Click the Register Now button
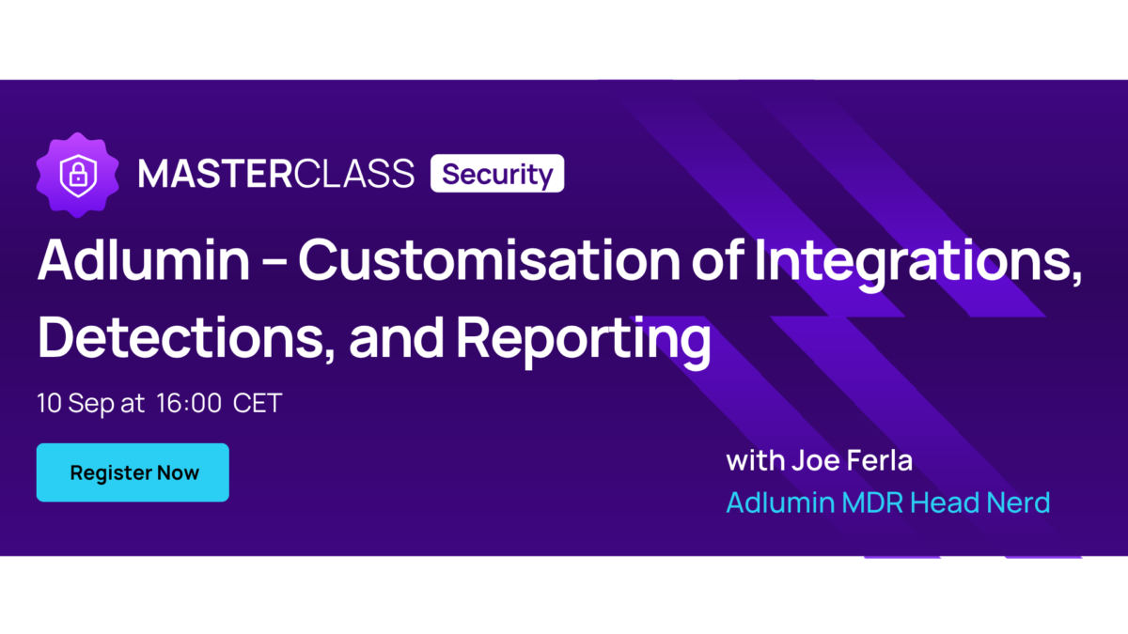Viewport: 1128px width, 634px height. (x=133, y=472)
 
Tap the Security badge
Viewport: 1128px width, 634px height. (x=497, y=174)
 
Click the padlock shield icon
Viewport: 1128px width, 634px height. (x=78, y=175)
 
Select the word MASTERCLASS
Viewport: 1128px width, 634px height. (x=276, y=174)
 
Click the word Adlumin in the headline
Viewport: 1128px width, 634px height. (x=144, y=260)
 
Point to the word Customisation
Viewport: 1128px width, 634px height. (x=489, y=260)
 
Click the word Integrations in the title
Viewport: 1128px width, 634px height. (x=918, y=264)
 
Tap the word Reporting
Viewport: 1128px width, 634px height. (x=584, y=342)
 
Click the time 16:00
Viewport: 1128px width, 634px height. (x=189, y=403)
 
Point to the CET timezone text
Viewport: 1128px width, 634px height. (x=258, y=403)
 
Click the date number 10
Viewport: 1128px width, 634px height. (x=49, y=403)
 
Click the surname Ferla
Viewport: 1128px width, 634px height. (x=880, y=460)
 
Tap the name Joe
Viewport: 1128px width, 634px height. (x=815, y=460)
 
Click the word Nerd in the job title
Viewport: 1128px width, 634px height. (x=1018, y=503)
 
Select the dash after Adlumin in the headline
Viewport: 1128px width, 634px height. (x=274, y=262)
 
